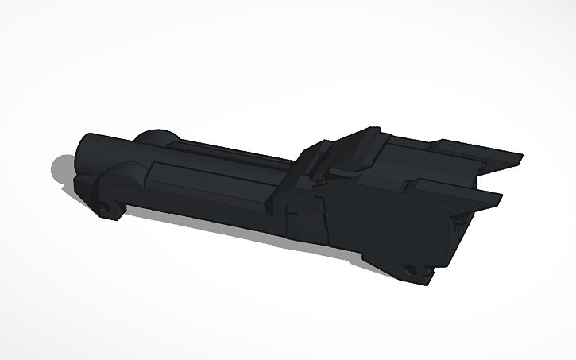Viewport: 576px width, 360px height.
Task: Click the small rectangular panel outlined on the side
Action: (x=296, y=220)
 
